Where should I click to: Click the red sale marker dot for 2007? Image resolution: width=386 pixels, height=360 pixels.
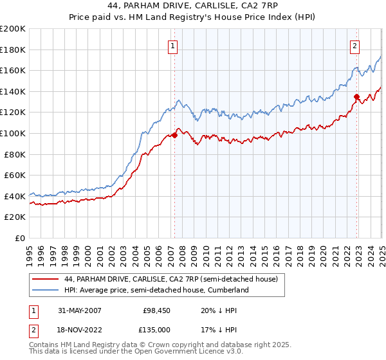174,135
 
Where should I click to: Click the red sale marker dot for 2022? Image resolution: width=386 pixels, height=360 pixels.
356,96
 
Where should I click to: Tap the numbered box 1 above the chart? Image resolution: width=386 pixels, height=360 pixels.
174,46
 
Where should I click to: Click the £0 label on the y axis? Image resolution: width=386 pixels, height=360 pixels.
19,238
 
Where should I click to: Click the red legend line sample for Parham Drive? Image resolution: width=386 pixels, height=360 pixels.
45,279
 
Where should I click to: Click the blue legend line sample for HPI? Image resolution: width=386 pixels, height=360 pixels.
45,290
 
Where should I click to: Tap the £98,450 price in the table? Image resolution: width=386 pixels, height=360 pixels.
156,310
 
